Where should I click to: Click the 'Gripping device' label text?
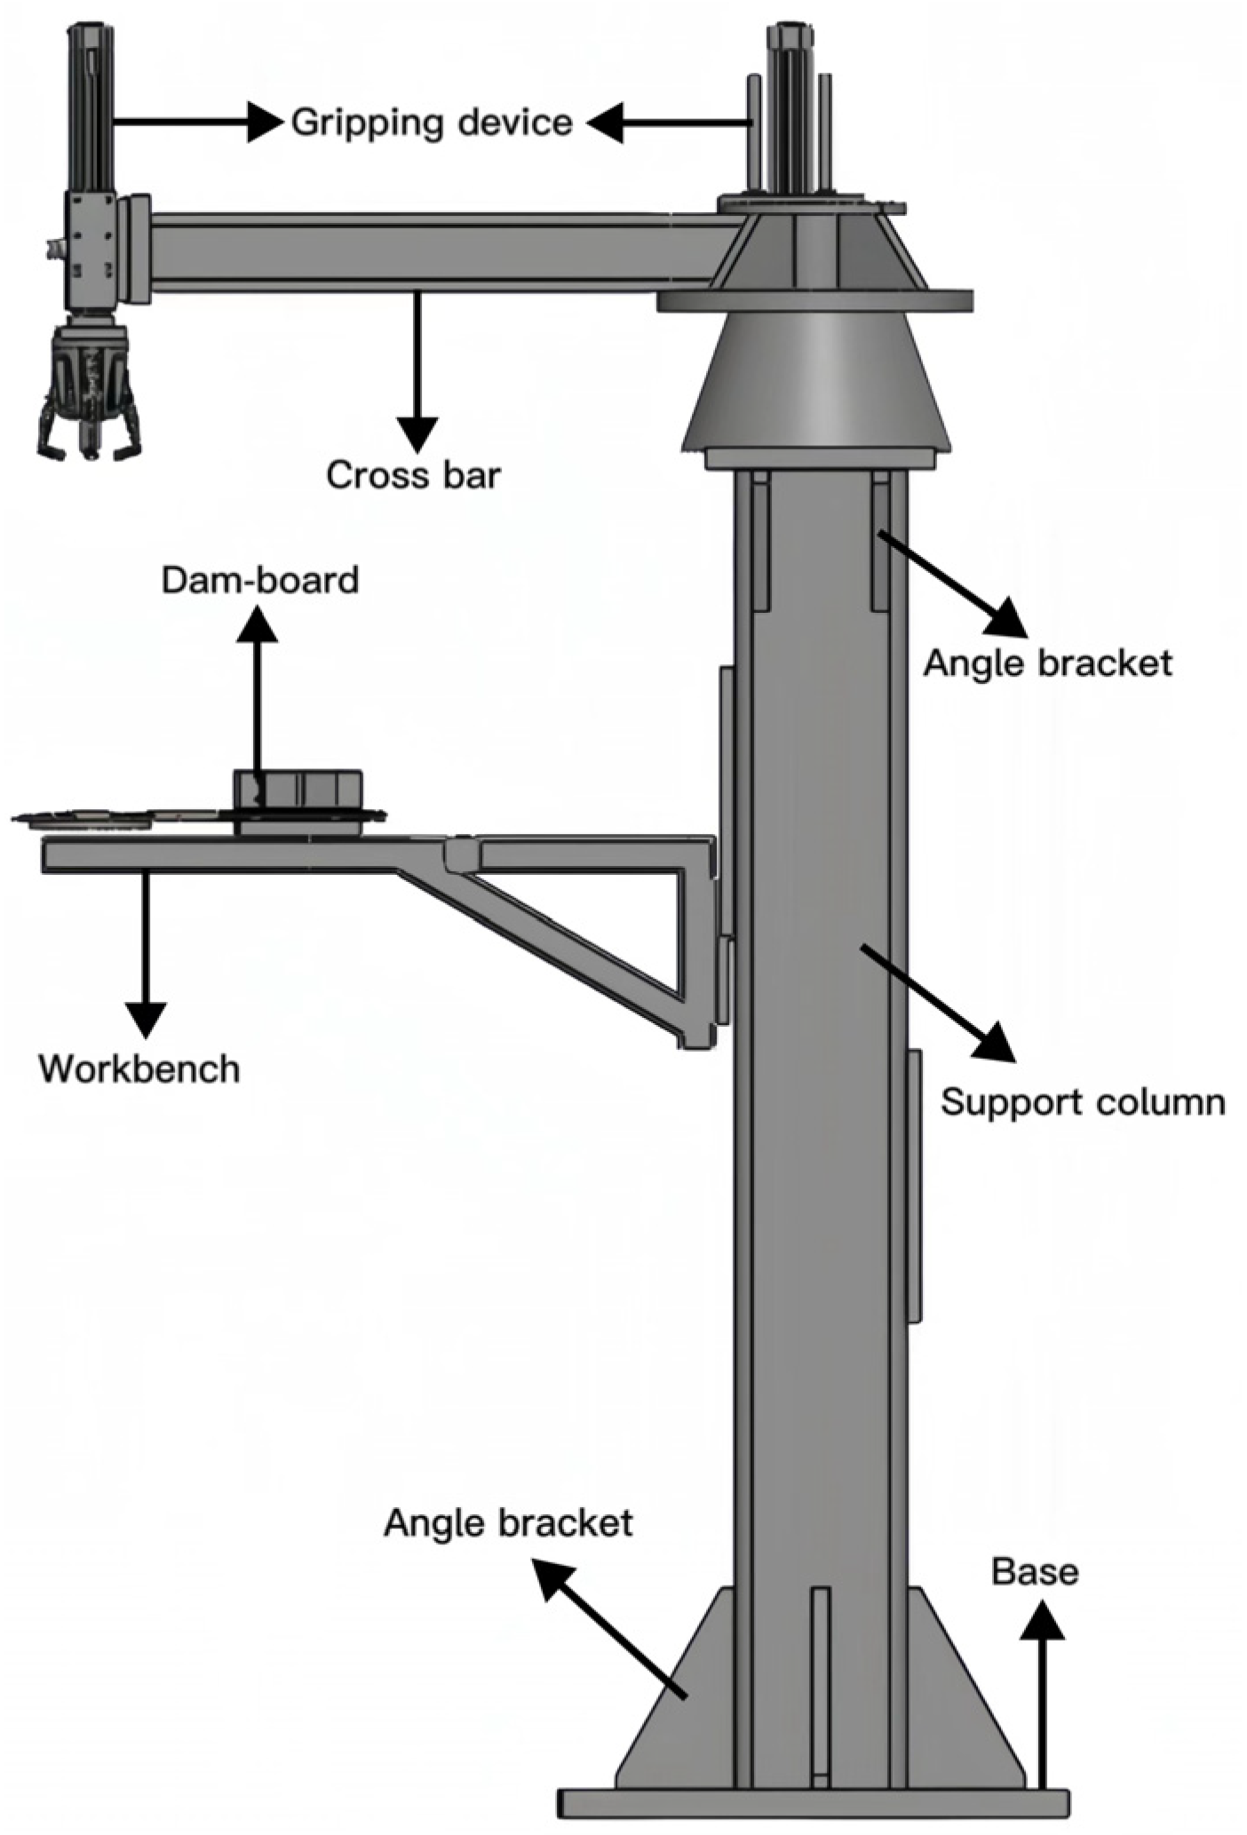[432, 123]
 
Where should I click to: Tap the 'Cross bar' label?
[413, 475]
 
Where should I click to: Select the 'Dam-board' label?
[260, 580]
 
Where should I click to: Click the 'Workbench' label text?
[139, 1068]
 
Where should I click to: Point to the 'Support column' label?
[1083, 1102]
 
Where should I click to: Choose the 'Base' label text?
[1036, 1571]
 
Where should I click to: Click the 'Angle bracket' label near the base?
[508, 1523]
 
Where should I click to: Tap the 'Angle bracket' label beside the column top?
[1048, 663]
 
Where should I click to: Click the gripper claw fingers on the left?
[88, 417]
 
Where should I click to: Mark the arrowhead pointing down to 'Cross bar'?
[417, 435]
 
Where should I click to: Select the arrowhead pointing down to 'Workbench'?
[145, 1019]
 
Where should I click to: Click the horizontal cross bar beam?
[426, 253]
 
